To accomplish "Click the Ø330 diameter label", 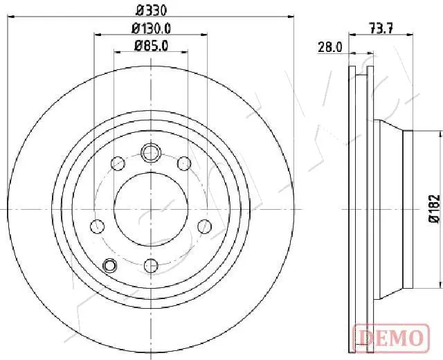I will pyautogui.click(x=151, y=10).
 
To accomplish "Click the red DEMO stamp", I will pyautogui.click(x=389, y=337).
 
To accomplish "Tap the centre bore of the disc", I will pyautogui.click(x=151, y=208).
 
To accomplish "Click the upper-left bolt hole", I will pyautogui.click(x=118, y=163).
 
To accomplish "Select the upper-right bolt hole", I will pyautogui.click(x=184, y=163).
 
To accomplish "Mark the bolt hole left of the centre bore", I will pyautogui.click(x=98, y=226).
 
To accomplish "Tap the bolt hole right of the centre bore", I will pyautogui.click(x=204, y=226).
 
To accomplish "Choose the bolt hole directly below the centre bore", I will pyautogui.click(x=151, y=265).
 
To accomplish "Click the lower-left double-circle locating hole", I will pyautogui.click(x=109, y=264).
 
